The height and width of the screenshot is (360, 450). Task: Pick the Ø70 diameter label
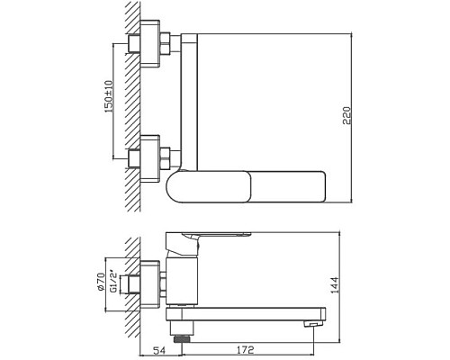[103, 273]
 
